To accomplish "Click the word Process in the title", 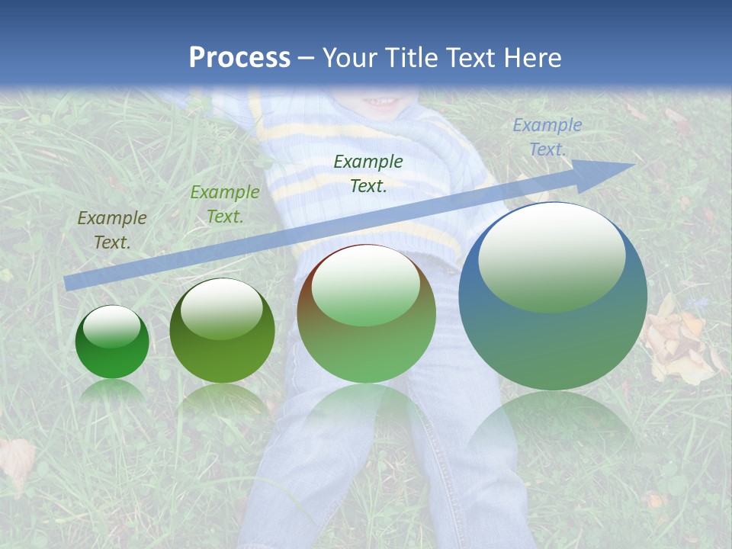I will [x=239, y=58].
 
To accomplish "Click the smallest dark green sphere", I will [x=112, y=342].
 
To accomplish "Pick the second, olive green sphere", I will [x=222, y=331].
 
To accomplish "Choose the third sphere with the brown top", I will [x=366, y=314].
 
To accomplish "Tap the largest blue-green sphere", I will [x=553, y=297].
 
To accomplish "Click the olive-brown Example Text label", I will [x=112, y=230].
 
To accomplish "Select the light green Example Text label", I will [x=225, y=204].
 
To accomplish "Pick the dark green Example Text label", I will [x=368, y=173].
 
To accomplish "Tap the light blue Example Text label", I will [x=547, y=137].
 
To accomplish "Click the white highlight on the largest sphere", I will [x=551, y=255].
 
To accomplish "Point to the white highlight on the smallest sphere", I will [x=112, y=326].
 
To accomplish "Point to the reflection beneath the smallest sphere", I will [x=112, y=390].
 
